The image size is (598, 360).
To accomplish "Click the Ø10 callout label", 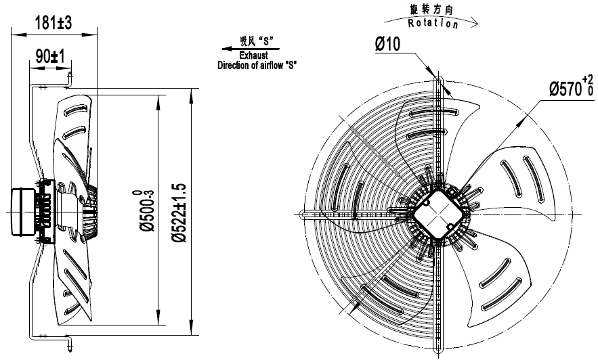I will (x=389, y=45).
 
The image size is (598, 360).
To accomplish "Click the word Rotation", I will (x=434, y=23).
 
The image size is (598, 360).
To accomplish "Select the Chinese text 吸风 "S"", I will (x=255, y=41).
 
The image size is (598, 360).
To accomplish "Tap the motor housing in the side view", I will (x=22, y=211).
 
